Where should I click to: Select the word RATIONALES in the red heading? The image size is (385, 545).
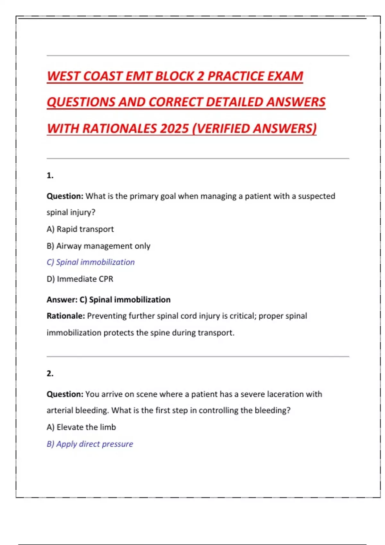119,129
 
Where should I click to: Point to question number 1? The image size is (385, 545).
50,175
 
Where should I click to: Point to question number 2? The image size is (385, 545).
50,373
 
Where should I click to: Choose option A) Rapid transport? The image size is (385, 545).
80,229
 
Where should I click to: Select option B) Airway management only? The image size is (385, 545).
98,246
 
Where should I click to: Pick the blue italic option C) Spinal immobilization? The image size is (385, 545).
91,262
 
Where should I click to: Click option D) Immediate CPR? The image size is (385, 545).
80,279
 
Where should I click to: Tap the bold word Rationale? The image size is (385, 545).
66,316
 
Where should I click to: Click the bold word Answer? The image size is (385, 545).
62,300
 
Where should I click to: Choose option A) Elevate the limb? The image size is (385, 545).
81,427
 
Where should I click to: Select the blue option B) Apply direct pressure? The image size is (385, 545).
90,444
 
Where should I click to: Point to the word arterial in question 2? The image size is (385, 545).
60,410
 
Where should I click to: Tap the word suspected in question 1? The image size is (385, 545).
316,196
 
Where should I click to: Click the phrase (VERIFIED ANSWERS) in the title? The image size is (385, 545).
254,129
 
